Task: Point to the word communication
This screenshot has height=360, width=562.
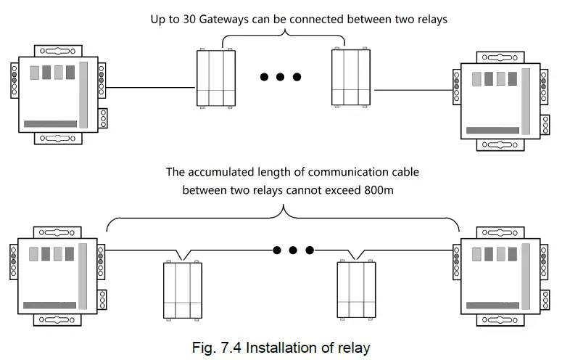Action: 344,173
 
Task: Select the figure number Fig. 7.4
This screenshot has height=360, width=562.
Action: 218,347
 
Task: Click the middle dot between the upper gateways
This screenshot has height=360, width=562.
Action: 280,76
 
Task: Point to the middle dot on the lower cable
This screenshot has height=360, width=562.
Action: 294,250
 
